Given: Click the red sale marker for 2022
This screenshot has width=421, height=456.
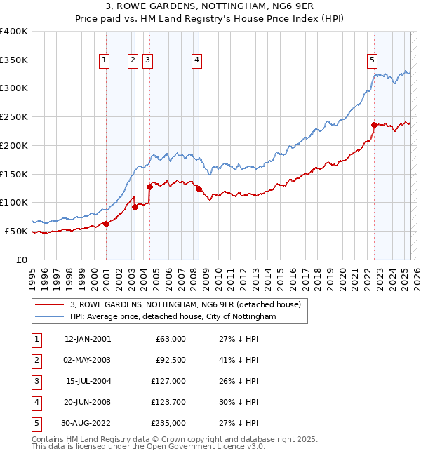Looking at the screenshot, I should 375,125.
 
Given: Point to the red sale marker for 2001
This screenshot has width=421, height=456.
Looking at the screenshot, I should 106,224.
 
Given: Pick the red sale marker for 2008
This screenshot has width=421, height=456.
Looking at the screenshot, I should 199,189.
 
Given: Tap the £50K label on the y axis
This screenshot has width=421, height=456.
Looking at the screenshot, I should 17,231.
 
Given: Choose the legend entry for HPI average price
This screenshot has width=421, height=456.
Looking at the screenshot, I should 173,316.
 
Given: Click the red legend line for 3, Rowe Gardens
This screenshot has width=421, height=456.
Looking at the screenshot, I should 49,304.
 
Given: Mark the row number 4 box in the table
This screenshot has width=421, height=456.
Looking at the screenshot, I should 36,402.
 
